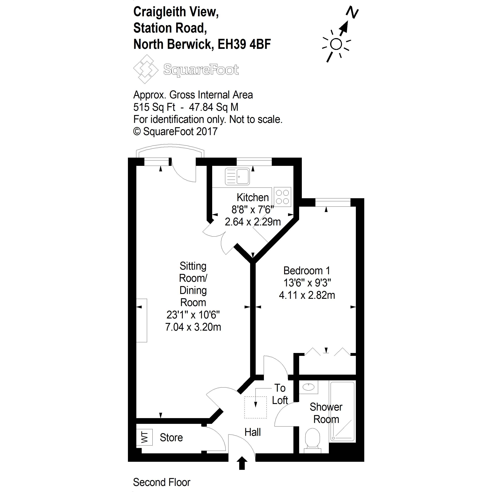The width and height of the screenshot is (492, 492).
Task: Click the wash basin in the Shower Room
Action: tap(309, 387)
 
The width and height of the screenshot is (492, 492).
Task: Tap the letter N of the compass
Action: tap(352, 12)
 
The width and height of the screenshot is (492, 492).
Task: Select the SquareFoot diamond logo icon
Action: tap(145, 69)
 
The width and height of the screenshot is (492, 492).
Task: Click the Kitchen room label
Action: tap(253, 197)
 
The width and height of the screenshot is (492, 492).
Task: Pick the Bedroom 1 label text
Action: tap(307, 271)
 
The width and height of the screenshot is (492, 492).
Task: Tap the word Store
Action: tap(171, 437)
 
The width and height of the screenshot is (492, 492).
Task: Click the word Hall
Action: tap(253, 432)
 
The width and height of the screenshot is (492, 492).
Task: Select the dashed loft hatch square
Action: tap(255, 407)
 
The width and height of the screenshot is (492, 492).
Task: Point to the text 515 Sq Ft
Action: tap(154, 107)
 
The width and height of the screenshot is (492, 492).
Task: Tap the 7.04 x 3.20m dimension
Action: tap(193, 327)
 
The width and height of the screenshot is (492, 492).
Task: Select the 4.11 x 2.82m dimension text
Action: tap(307, 295)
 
